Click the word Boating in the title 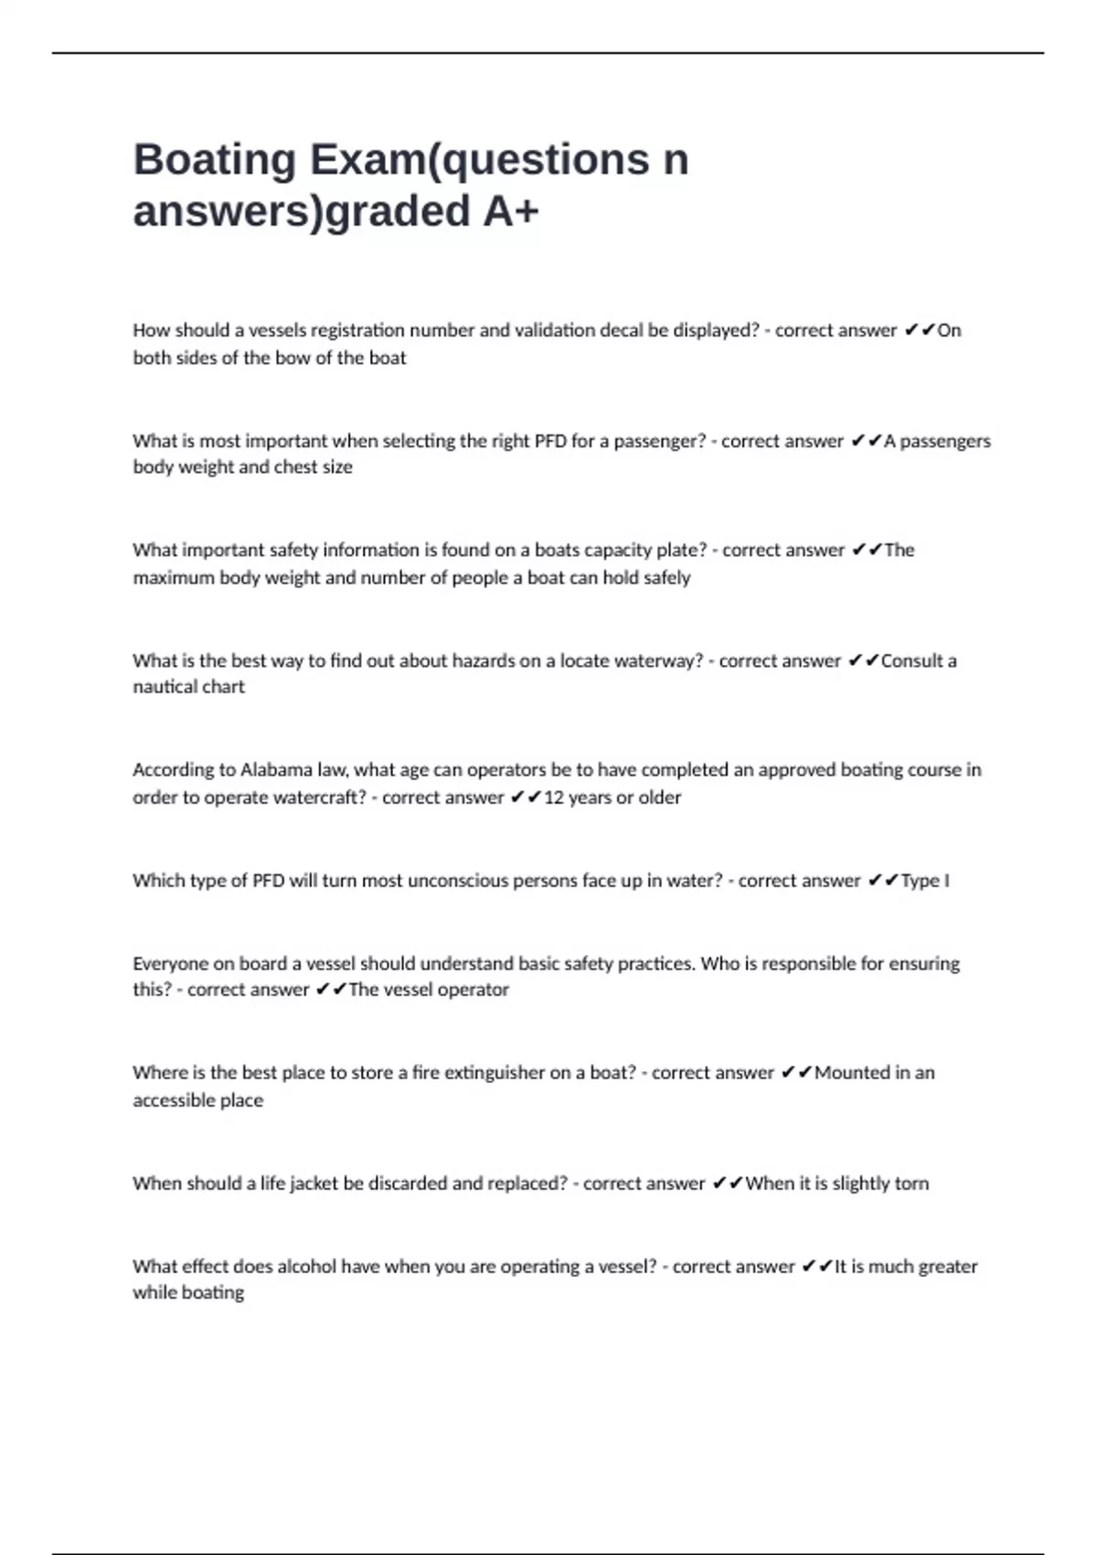pos(215,160)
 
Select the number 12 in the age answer pos(553,798)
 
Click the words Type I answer pos(924,881)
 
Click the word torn pos(911,1184)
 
